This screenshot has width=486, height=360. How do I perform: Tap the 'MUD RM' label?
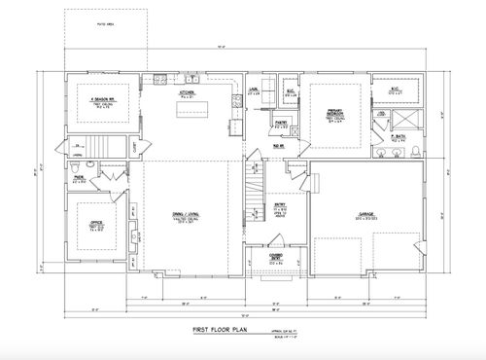pos(278,145)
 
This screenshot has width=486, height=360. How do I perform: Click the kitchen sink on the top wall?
pos(160,78)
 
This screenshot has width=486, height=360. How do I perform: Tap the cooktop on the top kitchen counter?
pos(208,78)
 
